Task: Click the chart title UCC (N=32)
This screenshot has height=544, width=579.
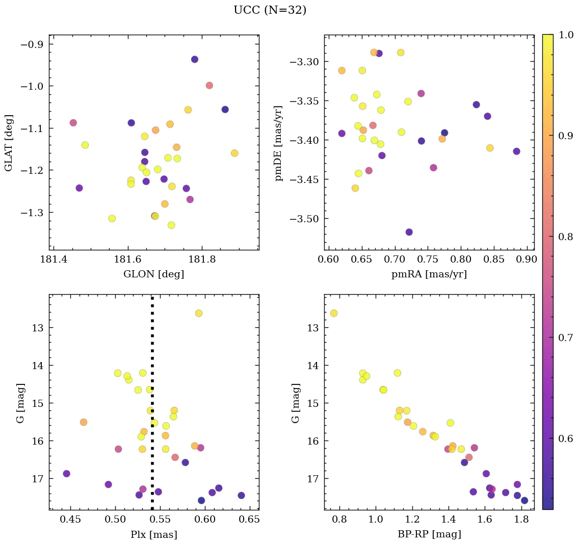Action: [x=270, y=10]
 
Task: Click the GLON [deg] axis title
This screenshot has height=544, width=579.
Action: [x=153, y=274]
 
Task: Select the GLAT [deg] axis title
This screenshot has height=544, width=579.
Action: [x=9, y=143]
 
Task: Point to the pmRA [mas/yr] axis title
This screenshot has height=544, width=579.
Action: [x=429, y=274]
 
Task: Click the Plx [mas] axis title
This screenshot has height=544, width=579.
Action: [x=153, y=534]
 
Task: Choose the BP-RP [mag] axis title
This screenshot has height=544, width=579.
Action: [x=429, y=534]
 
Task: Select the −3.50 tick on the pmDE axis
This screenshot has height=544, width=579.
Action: [x=304, y=219]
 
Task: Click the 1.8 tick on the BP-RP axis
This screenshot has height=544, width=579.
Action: [x=521, y=520]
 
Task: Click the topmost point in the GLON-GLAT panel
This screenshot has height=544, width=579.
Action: [x=195, y=59]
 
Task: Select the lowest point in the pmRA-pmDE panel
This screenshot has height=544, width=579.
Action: [x=409, y=232]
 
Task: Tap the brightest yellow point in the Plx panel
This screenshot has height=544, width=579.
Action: [x=199, y=313]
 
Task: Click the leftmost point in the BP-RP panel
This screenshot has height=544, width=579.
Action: [x=334, y=313]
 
